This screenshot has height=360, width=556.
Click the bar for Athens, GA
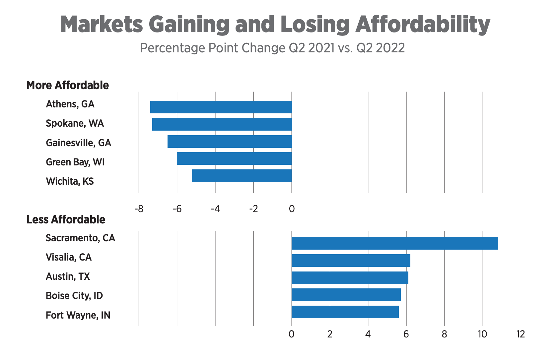coord(221,107)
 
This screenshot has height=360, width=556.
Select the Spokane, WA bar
coord(222,124)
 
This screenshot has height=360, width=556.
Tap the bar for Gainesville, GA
coord(230,142)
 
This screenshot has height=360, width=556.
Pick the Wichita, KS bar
coord(242,176)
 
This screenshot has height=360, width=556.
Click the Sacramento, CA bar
coord(395,243)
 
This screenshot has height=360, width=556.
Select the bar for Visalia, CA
coord(351,261)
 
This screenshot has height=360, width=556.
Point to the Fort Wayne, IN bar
coord(345,312)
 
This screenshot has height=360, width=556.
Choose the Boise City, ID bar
coord(346,295)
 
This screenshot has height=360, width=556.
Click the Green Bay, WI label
coord(75,162)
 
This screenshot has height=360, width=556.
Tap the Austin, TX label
coord(68,276)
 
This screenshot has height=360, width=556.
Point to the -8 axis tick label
coord(139,209)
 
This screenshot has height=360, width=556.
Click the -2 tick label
coord(253,209)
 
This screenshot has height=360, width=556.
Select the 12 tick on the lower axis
coord(521,334)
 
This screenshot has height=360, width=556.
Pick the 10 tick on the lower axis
coord(482,334)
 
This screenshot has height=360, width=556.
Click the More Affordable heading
coord(68,85)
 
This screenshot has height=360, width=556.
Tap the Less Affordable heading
coord(66,219)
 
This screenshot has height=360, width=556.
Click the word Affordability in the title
coord(423,25)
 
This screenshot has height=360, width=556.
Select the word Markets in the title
coord(102,25)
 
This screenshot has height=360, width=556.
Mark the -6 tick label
coord(177,209)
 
